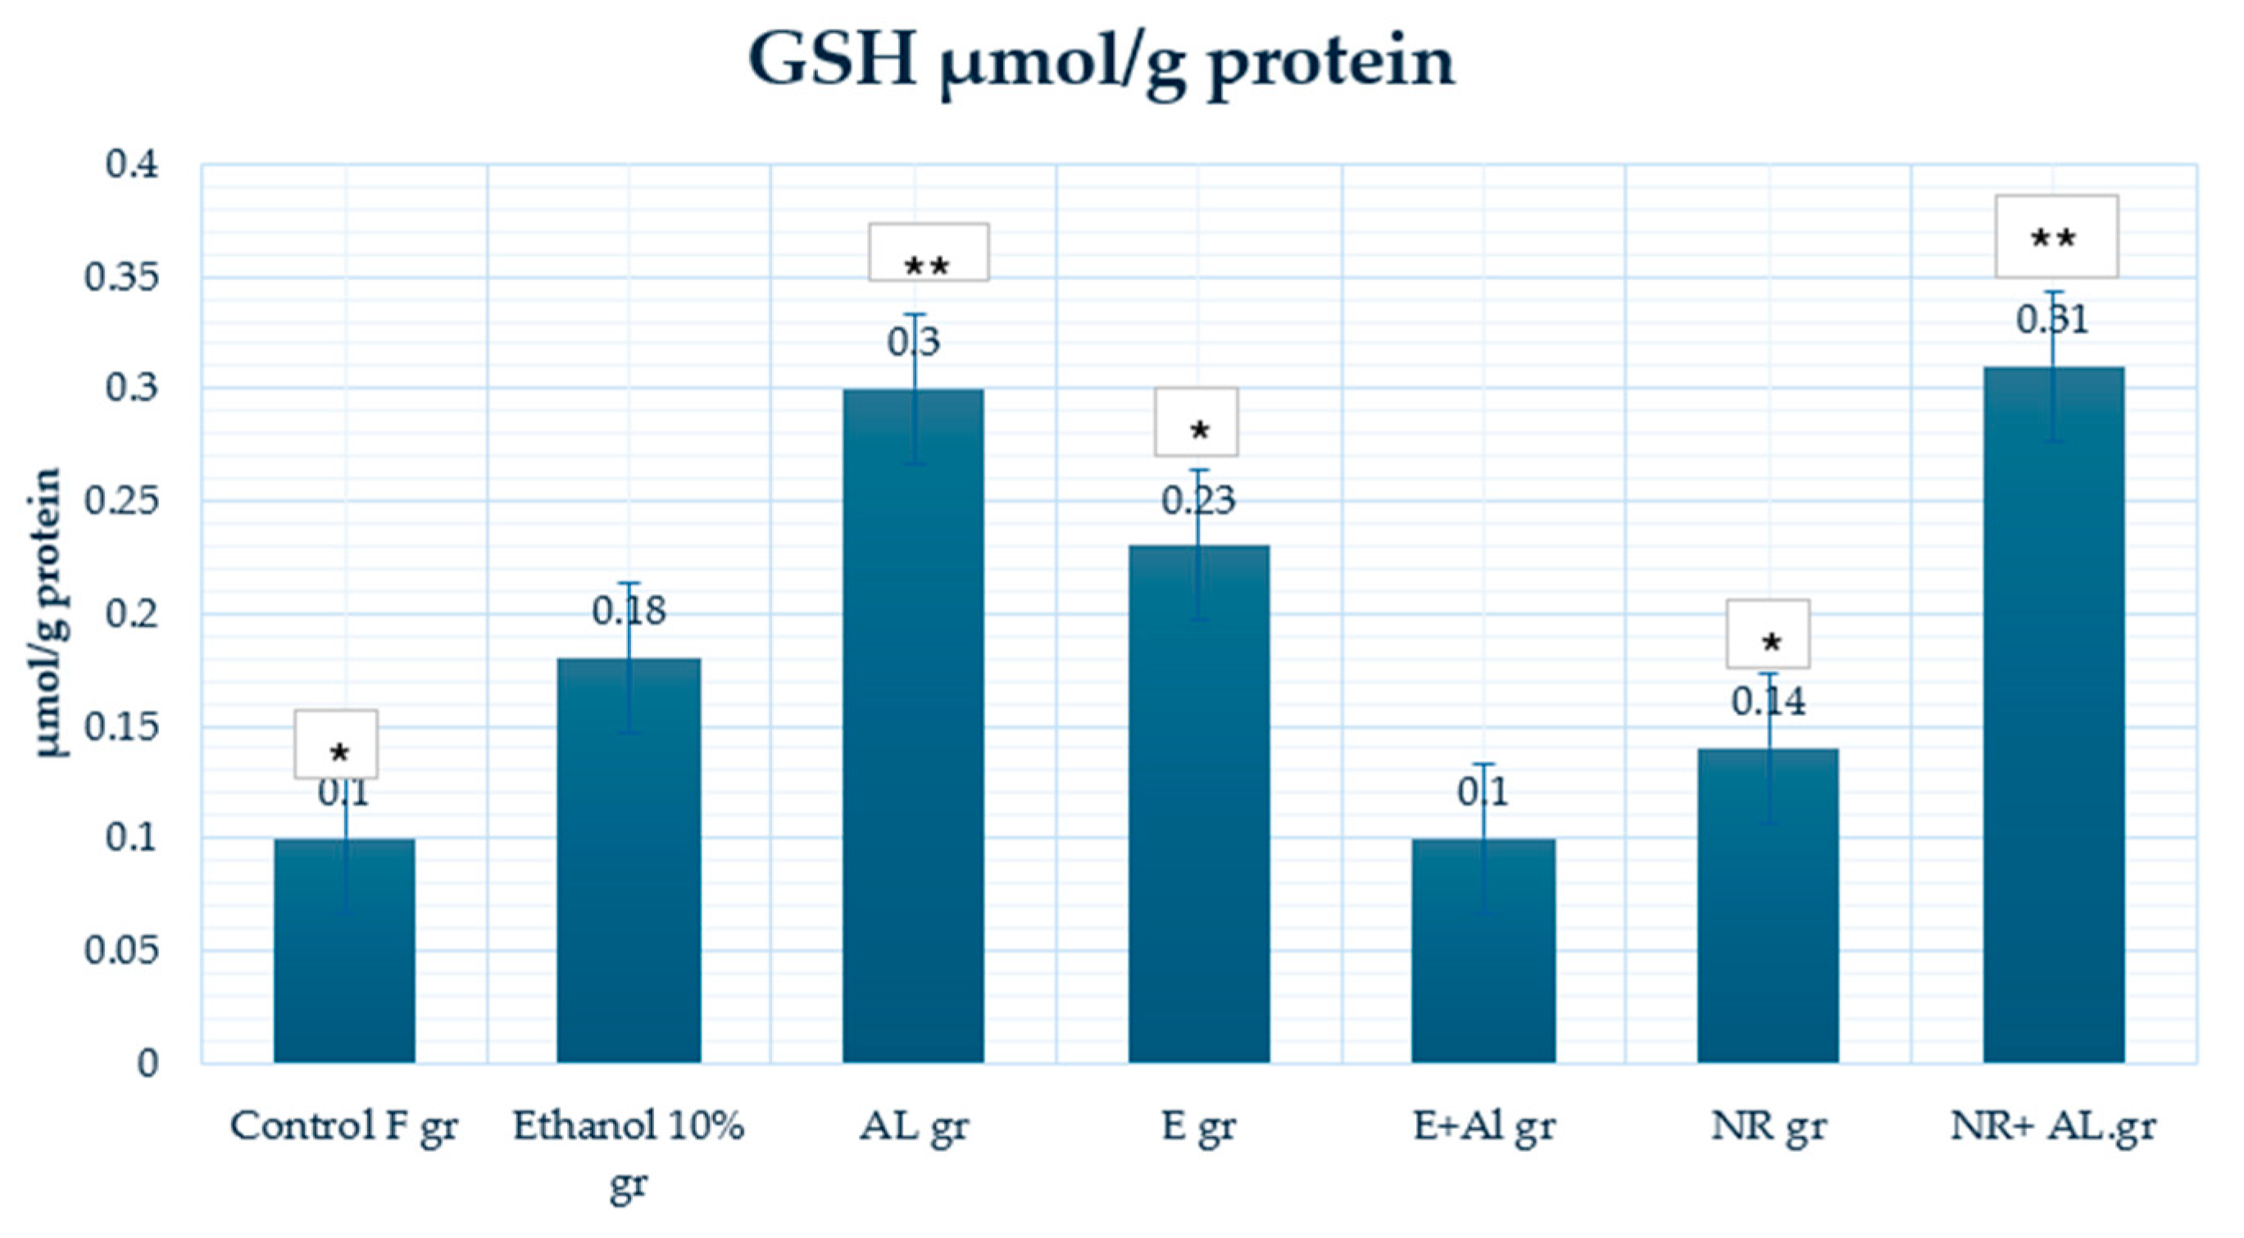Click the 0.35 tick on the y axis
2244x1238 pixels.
pyautogui.click(x=122, y=278)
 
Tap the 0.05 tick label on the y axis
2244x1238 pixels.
pyautogui.click(x=122, y=950)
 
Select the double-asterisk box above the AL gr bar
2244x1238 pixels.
pyautogui.click(x=928, y=252)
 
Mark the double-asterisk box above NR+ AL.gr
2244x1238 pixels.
pyautogui.click(x=2055, y=236)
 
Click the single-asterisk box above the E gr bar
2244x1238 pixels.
pyautogui.click(x=1196, y=422)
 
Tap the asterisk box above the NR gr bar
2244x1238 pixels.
pyautogui.click(x=1768, y=634)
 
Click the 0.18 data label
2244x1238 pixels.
pyautogui.click(x=628, y=611)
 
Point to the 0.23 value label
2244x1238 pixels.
pyautogui.click(x=1199, y=501)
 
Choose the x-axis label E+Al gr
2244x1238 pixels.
pyautogui.click(x=1483, y=1127)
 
